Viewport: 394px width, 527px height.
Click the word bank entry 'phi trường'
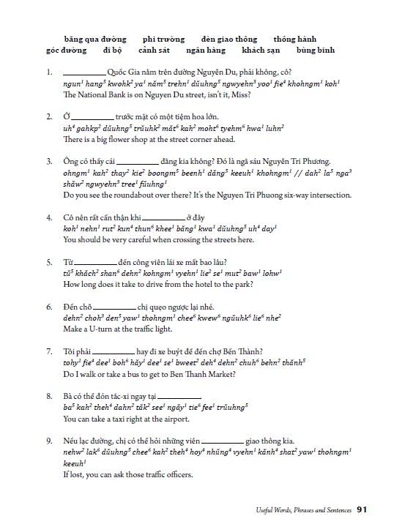pyautogui.click(x=163, y=38)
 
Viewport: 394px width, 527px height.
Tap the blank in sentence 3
pyautogui.click(x=138, y=163)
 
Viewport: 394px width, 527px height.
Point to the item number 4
pyautogui.click(x=48, y=218)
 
